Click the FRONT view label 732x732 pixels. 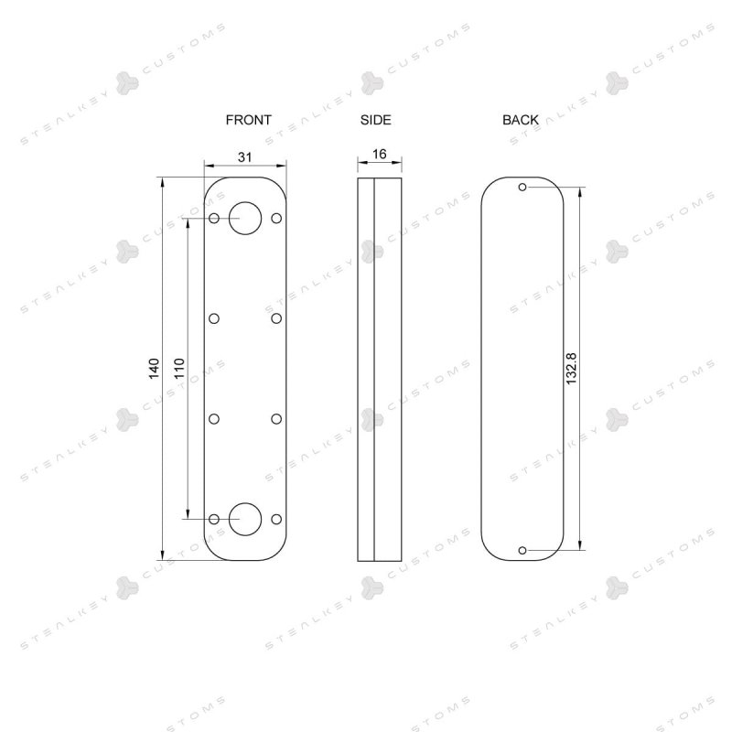coord(249,120)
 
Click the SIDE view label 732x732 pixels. coord(376,120)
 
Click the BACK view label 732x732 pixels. coord(521,120)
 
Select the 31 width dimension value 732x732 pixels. coord(244,157)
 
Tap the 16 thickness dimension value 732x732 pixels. coord(379,155)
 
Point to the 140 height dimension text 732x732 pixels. coord(155,369)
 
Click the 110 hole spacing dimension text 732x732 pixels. coord(179,369)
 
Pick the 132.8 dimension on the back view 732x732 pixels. coord(572,368)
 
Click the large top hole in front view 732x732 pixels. coord(245,218)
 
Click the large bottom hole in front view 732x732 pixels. coord(245,519)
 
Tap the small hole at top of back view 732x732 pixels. coord(522,188)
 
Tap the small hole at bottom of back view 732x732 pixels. coord(522,550)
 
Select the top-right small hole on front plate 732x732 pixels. coord(276,218)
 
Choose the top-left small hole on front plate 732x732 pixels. coord(214,218)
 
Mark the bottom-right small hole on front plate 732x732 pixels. coord(276,519)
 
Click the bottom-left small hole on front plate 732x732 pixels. coord(214,519)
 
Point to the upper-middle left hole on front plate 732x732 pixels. coord(214,318)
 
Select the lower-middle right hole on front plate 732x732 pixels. coord(276,419)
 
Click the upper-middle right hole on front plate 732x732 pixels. coord(276,318)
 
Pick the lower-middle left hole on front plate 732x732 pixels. coord(214,419)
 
